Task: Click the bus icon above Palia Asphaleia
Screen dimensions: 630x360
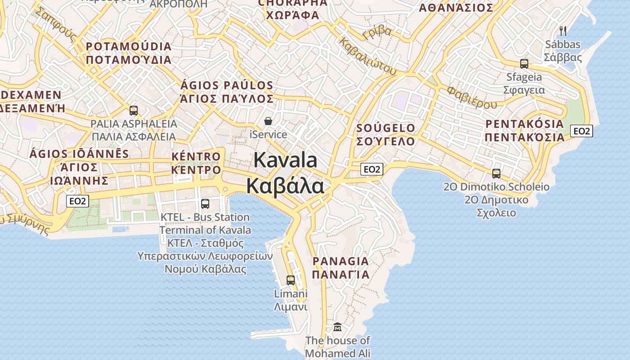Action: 133,110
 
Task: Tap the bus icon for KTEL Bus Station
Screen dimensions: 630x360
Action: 205,203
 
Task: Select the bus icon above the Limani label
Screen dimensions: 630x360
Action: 291,280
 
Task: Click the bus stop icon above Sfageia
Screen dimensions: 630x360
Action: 524,63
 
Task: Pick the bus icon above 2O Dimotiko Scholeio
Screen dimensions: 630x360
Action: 496,173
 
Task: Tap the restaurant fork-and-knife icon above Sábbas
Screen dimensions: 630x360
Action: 562,31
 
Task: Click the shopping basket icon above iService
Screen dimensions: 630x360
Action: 268,121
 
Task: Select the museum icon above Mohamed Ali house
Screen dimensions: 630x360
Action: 337,327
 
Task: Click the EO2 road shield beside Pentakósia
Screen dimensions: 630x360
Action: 581,131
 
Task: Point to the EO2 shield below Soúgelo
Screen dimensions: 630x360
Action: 372,169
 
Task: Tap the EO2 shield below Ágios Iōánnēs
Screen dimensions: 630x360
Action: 77,201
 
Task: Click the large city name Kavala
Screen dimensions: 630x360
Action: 285,161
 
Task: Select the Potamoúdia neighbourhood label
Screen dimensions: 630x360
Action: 129,46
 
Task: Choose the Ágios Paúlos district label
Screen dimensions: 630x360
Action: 227,85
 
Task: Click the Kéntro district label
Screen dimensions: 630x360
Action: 196,157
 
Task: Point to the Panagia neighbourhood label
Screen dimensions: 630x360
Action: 341,261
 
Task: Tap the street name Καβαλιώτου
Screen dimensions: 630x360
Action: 368,55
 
